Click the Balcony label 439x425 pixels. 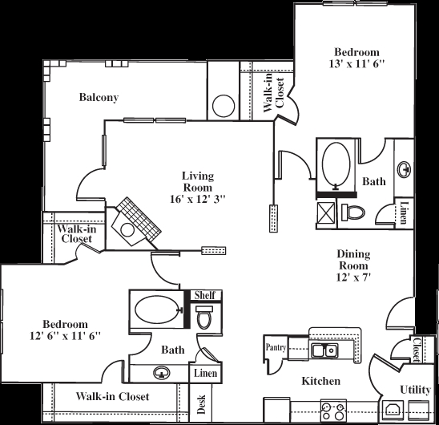coord(99,98)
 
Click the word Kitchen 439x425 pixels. coord(321,381)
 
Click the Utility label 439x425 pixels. coord(414,389)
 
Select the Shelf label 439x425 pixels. coord(204,295)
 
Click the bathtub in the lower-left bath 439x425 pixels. coord(156,310)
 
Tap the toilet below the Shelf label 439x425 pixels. coord(204,318)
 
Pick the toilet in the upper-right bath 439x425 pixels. coord(353,212)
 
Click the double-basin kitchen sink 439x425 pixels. coord(324,350)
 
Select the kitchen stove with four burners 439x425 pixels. coord(332,411)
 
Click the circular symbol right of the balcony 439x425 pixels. coord(222,106)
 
